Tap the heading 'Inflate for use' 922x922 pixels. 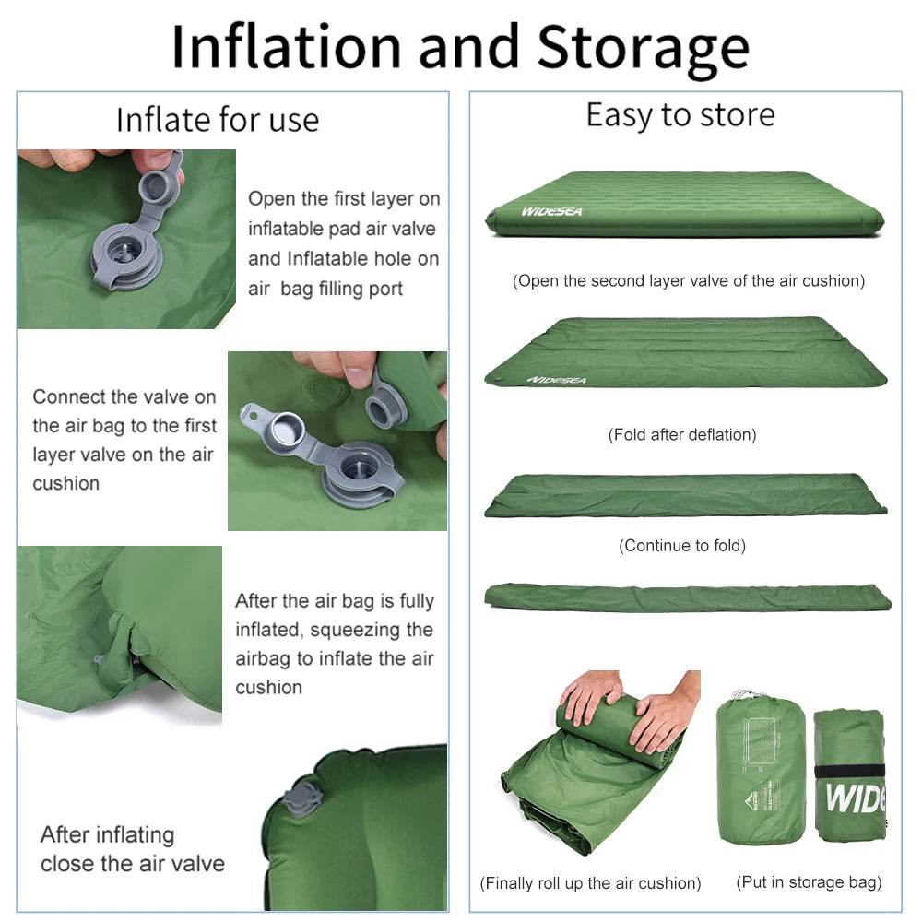pyautogui.click(x=217, y=120)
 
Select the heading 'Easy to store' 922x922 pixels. pyautogui.click(x=680, y=115)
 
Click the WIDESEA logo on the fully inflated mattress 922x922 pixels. pyautogui.click(x=551, y=212)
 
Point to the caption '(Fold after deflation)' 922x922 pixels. pyautogui.click(x=682, y=434)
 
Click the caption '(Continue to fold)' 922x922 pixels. pyautogui.click(x=682, y=546)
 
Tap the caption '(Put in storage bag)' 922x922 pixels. pyautogui.click(x=809, y=882)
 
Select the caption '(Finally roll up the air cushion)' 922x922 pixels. pyautogui.click(x=590, y=883)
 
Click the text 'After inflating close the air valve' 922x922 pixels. pyautogui.click(x=132, y=849)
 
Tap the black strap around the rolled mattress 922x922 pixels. pyautogui.click(x=849, y=770)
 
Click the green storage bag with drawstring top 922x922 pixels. pyautogui.click(x=761, y=770)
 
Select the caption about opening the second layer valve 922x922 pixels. pyautogui.click(x=688, y=281)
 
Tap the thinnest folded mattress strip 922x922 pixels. pyautogui.click(x=687, y=597)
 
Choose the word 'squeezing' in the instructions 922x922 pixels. pyautogui.click(x=371, y=630)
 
